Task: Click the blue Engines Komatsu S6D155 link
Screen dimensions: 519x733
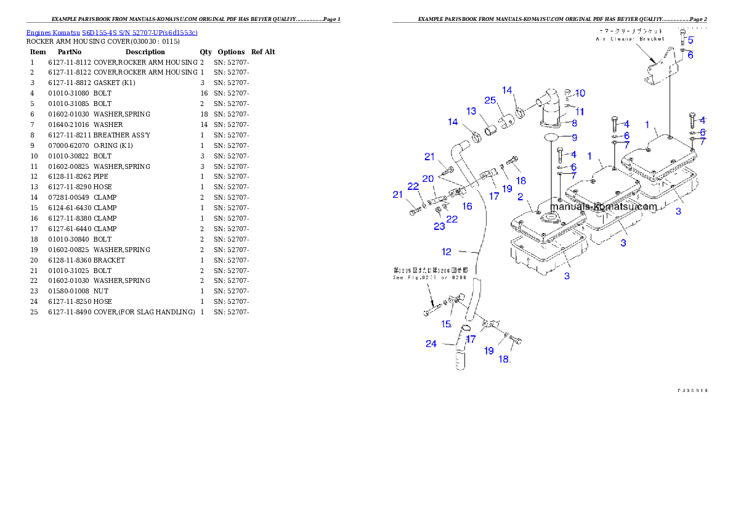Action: point(111,33)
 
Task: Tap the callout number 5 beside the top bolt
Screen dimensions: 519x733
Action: point(690,41)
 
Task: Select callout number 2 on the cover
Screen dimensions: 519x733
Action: point(520,197)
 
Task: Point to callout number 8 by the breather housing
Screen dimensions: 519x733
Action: point(574,123)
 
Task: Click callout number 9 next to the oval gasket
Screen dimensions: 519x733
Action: point(574,138)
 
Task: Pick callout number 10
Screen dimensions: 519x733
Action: point(580,94)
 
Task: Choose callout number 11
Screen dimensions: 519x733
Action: point(580,112)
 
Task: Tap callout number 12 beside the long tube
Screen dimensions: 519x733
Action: point(447,251)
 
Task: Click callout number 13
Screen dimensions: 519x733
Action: point(471,112)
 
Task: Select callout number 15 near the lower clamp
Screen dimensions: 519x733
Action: point(447,324)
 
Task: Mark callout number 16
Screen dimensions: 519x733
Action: point(468,206)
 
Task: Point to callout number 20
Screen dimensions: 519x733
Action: point(428,179)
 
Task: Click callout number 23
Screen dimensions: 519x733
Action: point(439,227)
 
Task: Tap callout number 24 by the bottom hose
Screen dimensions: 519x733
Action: point(431,344)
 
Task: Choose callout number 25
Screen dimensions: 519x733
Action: point(490,100)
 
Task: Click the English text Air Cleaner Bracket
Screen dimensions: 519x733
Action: point(630,39)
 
